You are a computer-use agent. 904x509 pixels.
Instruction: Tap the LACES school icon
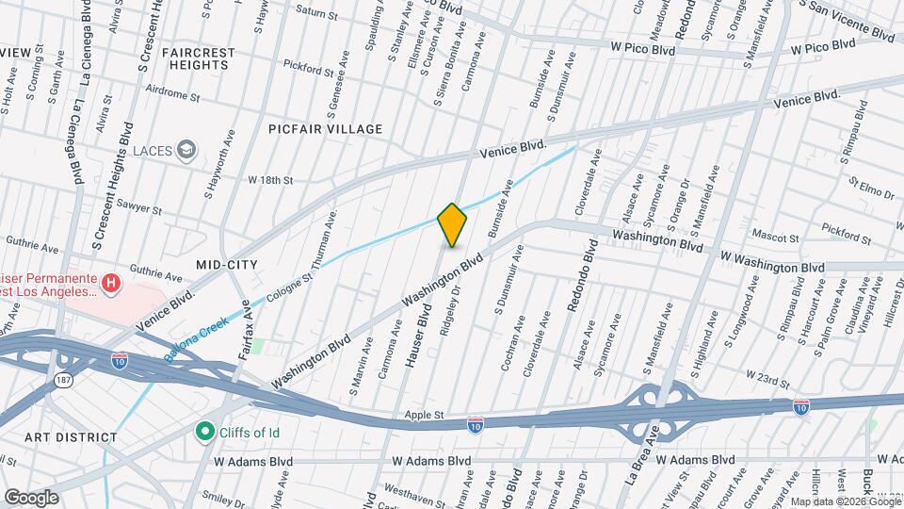(x=187, y=150)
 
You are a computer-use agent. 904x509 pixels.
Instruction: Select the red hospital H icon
(x=112, y=282)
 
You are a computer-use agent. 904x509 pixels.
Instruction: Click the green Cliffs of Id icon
(x=202, y=432)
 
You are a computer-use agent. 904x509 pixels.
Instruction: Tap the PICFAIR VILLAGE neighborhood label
(x=325, y=129)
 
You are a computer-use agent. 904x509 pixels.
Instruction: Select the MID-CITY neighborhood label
(x=228, y=265)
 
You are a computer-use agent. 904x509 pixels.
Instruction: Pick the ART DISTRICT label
(x=71, y=437)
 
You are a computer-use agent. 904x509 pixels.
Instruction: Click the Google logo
(x=31, y=497)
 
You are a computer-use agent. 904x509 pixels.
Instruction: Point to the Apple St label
(x=425, y=414)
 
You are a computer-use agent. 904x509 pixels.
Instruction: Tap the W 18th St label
(x=271, y=179)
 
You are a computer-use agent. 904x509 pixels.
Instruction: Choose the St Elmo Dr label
(x=870, y=189)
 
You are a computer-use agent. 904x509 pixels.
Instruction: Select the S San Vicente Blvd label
(x=847, y=20)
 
